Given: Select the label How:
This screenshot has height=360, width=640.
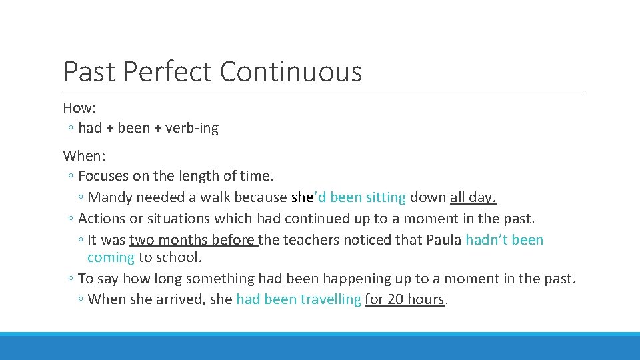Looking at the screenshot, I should coord(80,107).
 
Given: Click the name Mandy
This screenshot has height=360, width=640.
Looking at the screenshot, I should coord(109,197).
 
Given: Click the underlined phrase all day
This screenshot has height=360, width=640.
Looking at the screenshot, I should coord(473,197).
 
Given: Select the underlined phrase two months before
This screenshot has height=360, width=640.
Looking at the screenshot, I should coord(193,240).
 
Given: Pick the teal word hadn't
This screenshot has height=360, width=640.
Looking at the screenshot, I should coord(488,240).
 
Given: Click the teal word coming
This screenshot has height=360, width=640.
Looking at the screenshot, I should coord(111,257).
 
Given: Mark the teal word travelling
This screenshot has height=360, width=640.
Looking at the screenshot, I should coord(330,299).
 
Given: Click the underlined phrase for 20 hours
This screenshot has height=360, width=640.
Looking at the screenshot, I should coord(405,299).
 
